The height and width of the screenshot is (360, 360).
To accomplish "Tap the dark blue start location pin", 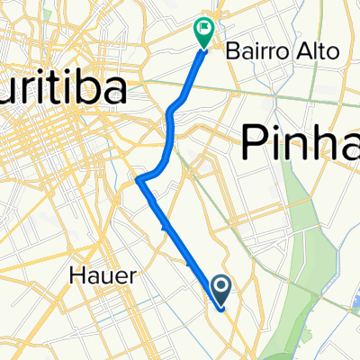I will coord(221,290).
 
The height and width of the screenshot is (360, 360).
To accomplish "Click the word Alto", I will coord(321,50).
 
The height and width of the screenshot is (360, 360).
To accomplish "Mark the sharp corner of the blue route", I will coord(139,180).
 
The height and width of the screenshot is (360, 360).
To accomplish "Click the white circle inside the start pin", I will coord(221,285).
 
